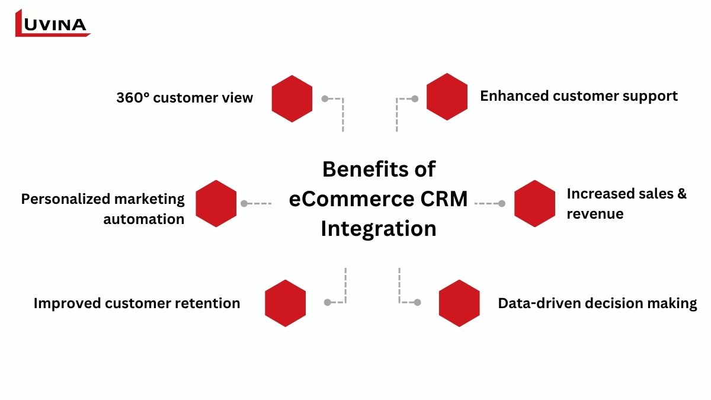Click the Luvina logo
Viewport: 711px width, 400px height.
coord(52,23)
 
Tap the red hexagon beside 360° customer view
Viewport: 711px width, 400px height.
coord(292,98)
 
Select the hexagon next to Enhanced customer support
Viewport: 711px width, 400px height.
coord(447,97)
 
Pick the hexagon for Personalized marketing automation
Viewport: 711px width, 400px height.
coord(216,203)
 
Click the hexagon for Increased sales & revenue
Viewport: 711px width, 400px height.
coord(534,203)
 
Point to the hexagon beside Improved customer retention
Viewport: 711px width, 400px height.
coord(285,303)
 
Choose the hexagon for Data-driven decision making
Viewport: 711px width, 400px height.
coord(459,303)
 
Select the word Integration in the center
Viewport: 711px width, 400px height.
coord(379,229)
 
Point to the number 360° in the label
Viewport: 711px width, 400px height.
coord(133,98)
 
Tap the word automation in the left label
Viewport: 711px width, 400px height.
coord(144,219)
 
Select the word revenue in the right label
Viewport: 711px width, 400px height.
coord(595,214)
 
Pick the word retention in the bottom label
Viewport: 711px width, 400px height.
coord(207,303)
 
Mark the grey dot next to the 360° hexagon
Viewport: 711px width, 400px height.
coord(325,98)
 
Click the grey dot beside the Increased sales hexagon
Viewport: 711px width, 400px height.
coord(502,203)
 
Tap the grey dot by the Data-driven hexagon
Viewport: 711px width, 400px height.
coord(417,302)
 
